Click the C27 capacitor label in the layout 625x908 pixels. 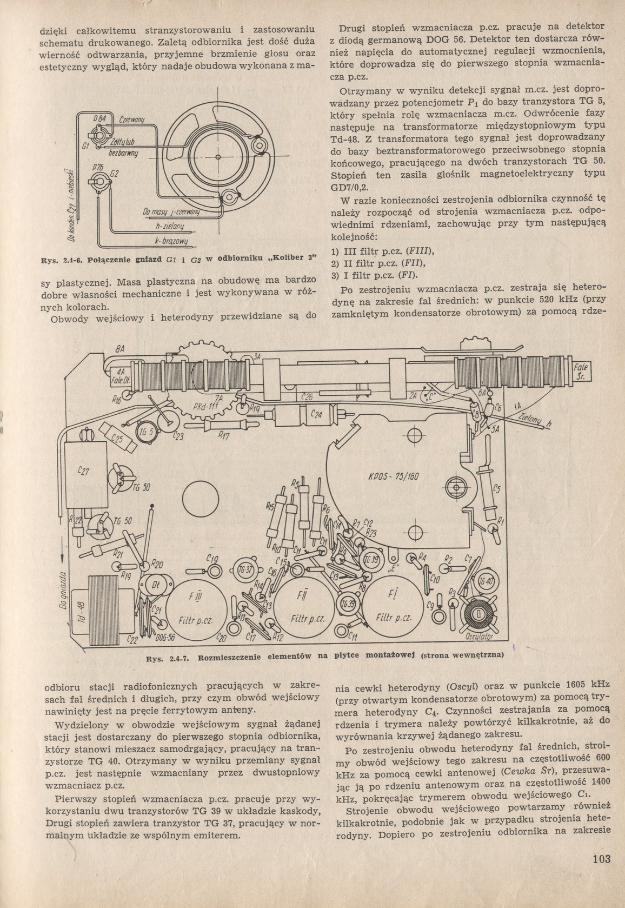[77, 471]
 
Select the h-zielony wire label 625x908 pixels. [170, 227]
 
